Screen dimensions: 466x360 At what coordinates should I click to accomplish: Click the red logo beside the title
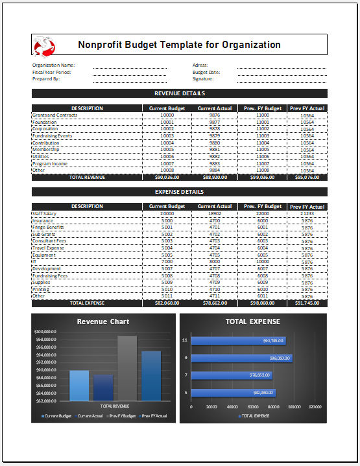pyautogui.click(x=43, y=45)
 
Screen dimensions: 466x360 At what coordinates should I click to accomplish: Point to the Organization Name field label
pyautogui.click(x=53, y=65)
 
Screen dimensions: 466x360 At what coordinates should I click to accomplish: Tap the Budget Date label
pyautogui.click(x=206, y=72)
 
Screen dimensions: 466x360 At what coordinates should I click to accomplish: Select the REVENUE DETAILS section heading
pyautogui.click(x=180, y=93)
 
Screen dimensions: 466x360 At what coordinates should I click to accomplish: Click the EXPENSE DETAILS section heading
pyautogui.click(x=180, y=192)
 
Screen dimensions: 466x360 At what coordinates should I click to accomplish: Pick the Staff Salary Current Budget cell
pyautogui.click(x=167, y=213)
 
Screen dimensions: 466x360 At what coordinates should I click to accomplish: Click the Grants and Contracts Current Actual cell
pyautogui.click(x=215, y=115)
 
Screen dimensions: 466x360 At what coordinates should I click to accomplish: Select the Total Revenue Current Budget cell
pyautogui.click(x=167, y=177)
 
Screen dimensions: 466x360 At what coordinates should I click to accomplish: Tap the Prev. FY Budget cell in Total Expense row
pyautogui.click(x=263, y=303)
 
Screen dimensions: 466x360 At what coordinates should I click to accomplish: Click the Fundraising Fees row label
pyautogui.click(x=50, y=275)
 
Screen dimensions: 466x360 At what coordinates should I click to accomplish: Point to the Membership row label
pyautogui.click(x=46, y=149)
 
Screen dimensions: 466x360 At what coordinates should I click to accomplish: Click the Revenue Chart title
pyautogui.click(x=103, y=321)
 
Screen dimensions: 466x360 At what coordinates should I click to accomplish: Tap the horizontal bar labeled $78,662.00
pyautogui.click(x=232, y=375)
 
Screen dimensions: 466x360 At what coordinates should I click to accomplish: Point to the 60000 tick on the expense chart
pyautogui.click(x=253, y=407)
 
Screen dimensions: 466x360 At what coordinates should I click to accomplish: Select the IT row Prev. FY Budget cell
pyautogui.click(x=263, y=261)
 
